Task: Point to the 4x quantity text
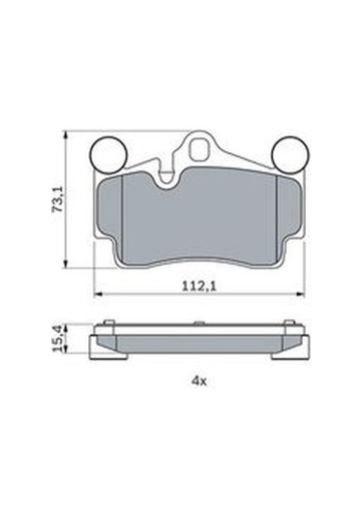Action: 200,381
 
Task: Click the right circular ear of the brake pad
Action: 287,153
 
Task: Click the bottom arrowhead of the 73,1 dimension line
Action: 66,262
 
